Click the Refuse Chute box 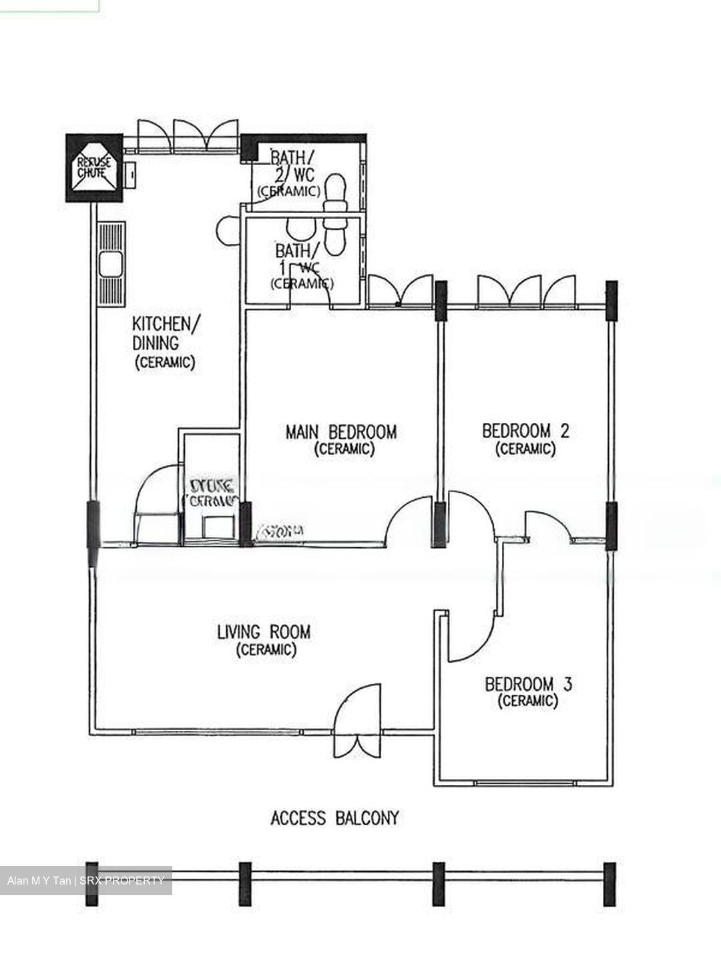(93, 168)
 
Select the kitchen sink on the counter (110, 265)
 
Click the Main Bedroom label (341, 432)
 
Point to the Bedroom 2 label (525, 431)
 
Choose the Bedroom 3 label (528, 684)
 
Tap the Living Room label (264, 631)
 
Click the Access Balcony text (334, 818)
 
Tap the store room (211, 491)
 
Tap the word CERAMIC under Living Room (266, 649)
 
